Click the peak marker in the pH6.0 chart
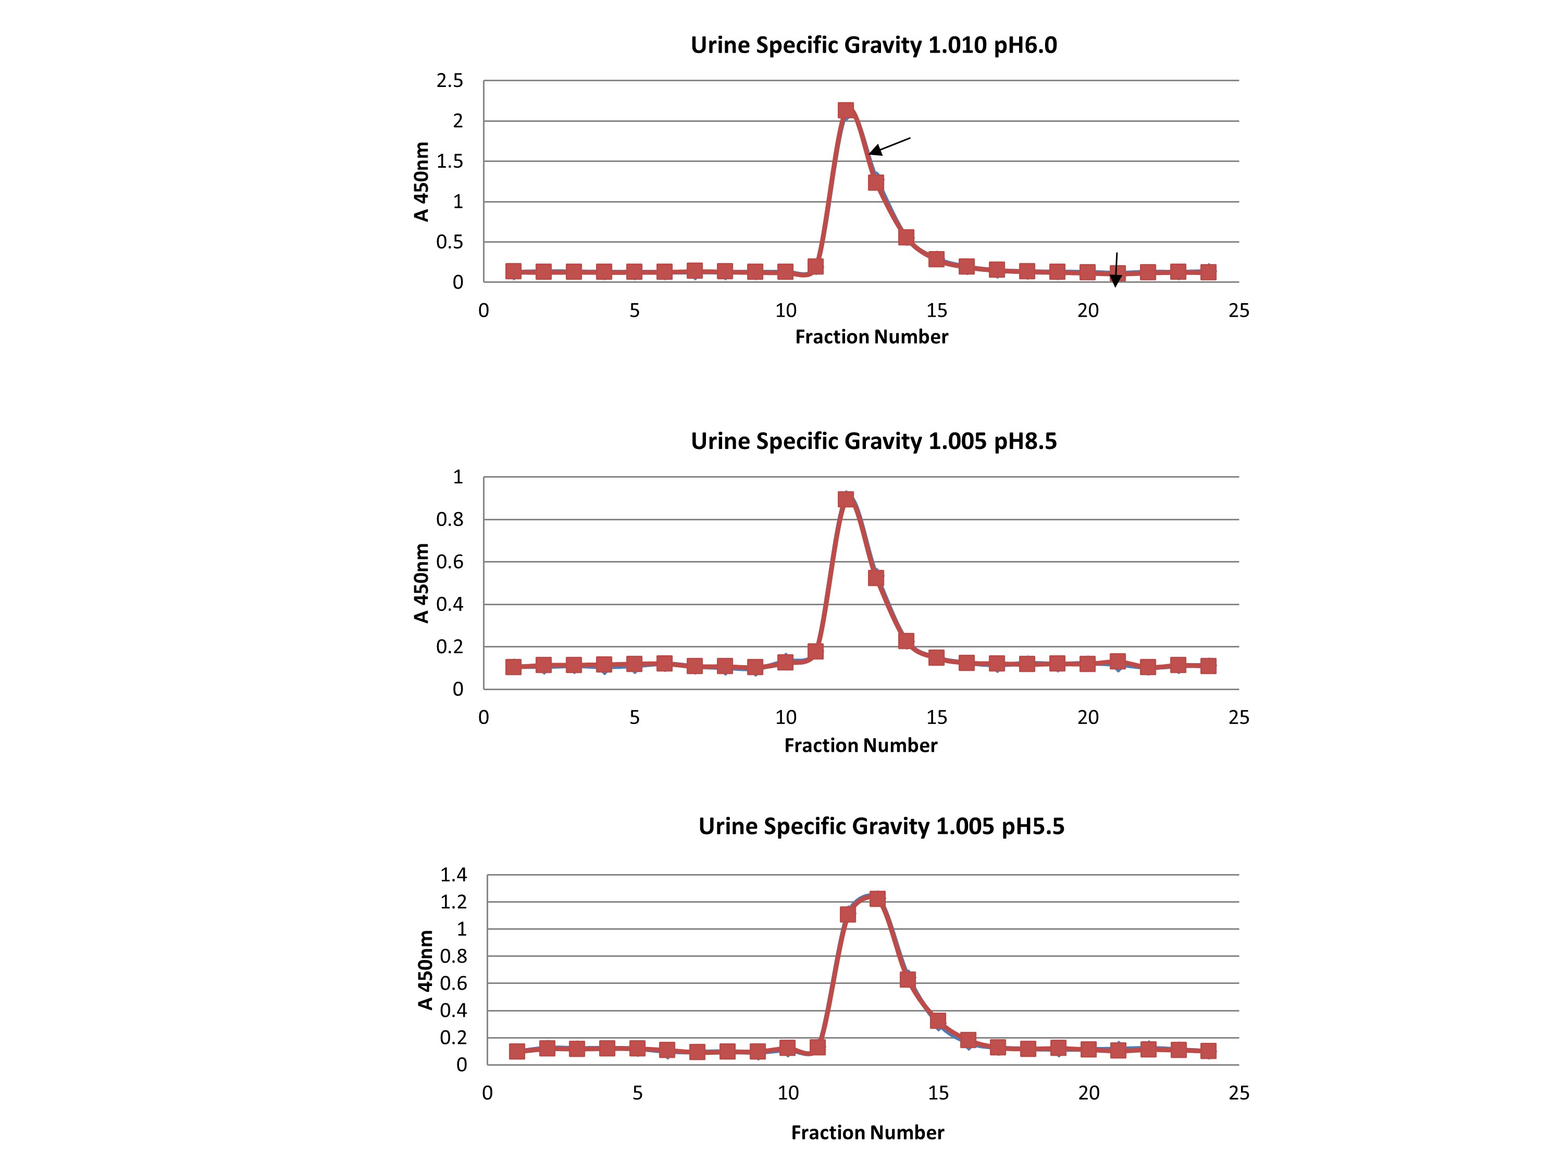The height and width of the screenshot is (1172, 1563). [846, 110]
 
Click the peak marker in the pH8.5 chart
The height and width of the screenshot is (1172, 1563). [846, 500]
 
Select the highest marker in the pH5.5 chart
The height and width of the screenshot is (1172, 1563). [877, 899]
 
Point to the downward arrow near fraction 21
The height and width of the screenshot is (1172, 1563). [1116, 270]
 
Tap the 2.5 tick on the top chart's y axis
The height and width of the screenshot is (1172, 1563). [450, 81]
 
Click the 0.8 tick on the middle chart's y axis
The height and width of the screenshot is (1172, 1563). [450, 519]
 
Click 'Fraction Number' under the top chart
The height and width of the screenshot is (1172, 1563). [871, 337]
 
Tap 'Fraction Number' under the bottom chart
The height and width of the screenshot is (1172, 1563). [867, 1132]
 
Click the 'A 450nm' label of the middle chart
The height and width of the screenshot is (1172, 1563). [421, 583]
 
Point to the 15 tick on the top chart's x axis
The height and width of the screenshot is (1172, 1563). [936, 311]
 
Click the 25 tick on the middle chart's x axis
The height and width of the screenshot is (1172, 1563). [1238, 718]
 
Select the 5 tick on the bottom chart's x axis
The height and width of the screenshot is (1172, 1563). [637, 1093]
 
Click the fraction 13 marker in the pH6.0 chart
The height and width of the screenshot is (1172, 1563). [875, 182]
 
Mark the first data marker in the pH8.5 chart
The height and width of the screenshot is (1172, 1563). [514, 667]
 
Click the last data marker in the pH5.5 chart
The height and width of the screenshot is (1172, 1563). [1208, 1051]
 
